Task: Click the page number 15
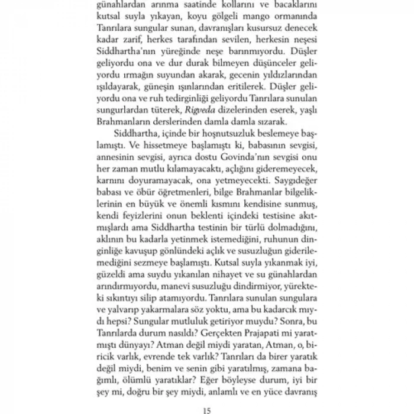click(x=207, y=406)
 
